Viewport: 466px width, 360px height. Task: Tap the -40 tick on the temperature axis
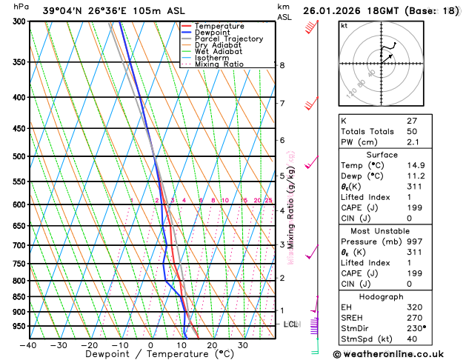(28, 345)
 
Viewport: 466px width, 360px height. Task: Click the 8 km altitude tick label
(282, 65)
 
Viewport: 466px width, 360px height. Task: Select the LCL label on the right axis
(290, 324)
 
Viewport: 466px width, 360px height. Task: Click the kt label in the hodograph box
(344, 25)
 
